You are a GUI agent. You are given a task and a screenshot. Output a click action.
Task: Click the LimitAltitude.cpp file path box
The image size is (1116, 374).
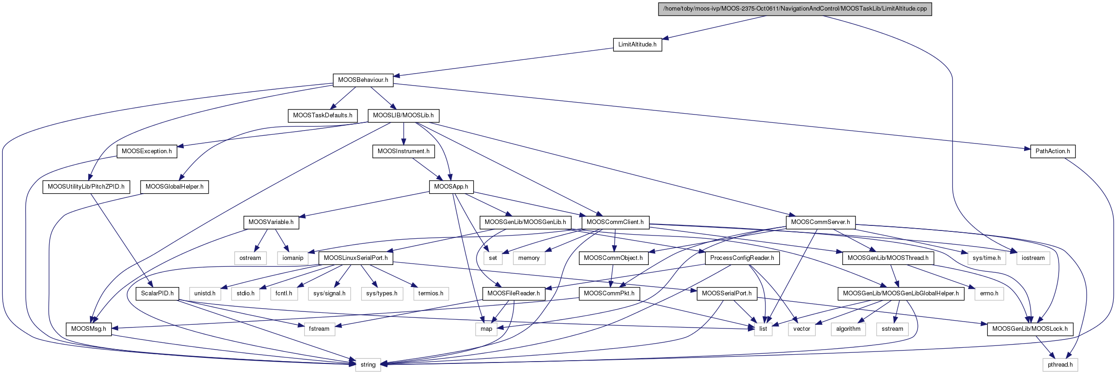pos(795,9)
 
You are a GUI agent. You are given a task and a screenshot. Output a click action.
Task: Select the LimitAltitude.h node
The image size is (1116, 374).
pos(637,45)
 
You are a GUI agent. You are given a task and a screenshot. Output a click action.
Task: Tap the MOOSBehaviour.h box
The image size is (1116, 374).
pos(363,80)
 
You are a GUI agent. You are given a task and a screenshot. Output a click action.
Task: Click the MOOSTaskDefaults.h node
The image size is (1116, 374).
pos(323,115)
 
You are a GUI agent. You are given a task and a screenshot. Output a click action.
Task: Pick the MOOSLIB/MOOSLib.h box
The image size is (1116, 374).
pos(403,115)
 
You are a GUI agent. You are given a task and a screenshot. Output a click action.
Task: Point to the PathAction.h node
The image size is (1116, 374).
pos(1052,151)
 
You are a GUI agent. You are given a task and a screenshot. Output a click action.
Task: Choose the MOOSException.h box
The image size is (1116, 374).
pos(147,151)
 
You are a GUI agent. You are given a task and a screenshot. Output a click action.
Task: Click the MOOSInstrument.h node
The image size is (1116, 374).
pos(403,151)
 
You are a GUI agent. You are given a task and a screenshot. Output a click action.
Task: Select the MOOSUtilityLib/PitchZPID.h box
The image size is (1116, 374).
pos(86,187)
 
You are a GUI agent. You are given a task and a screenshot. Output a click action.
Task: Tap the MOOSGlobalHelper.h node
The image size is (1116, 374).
pos(174,187)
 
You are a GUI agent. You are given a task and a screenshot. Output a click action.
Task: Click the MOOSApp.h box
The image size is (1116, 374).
pos(451,187)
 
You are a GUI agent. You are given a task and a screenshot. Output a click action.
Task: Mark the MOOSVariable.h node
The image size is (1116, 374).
pos(271,222)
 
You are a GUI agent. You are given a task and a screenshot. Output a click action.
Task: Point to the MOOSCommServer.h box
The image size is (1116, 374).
pos(820,222)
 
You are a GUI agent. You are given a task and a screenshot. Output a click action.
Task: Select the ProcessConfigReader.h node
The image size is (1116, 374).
pos(742,258)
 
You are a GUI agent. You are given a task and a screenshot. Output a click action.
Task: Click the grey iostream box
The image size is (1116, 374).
pos(1033,258)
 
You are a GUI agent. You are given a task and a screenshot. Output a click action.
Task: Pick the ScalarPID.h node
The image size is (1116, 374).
pos(157,293)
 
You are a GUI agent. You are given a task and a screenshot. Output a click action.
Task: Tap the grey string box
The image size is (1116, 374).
pos(368,365)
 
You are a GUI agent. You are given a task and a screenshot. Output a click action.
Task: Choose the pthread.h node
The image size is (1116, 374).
pos(1060,365)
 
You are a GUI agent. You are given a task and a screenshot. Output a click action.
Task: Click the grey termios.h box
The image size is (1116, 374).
pos(431,293)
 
